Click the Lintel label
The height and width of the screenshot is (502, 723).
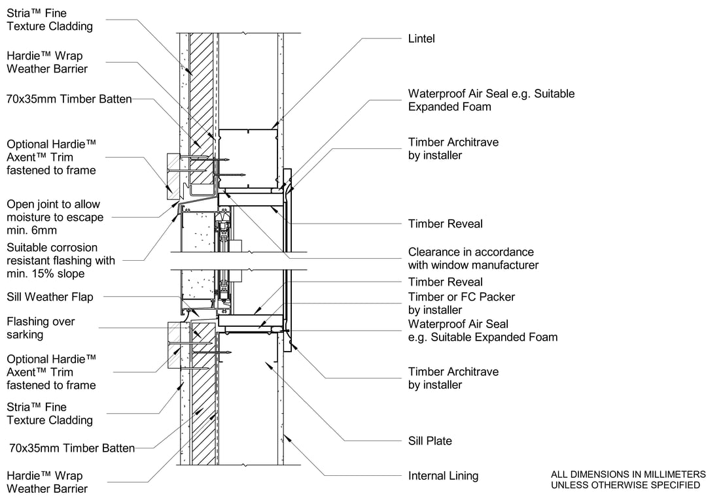421,39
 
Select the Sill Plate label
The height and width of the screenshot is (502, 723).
430,441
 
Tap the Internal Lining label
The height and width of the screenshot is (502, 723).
443,476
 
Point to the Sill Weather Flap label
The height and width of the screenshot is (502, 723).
50,297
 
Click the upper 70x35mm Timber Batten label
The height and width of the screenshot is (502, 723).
69,99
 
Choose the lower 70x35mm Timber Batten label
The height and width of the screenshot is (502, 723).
72,448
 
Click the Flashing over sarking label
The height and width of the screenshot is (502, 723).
41,328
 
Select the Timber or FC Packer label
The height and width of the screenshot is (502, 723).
461,303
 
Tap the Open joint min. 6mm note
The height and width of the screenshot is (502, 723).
54,218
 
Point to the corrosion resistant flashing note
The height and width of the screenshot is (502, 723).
60,260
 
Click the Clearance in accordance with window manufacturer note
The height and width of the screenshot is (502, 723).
473,258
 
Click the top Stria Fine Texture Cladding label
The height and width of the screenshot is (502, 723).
49,20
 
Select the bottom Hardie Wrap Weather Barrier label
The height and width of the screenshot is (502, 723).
47,482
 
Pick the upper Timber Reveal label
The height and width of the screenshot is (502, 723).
445,224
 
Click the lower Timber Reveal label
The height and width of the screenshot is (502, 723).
445,282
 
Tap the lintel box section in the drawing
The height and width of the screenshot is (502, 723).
247,157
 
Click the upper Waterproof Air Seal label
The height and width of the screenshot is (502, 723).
491,100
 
